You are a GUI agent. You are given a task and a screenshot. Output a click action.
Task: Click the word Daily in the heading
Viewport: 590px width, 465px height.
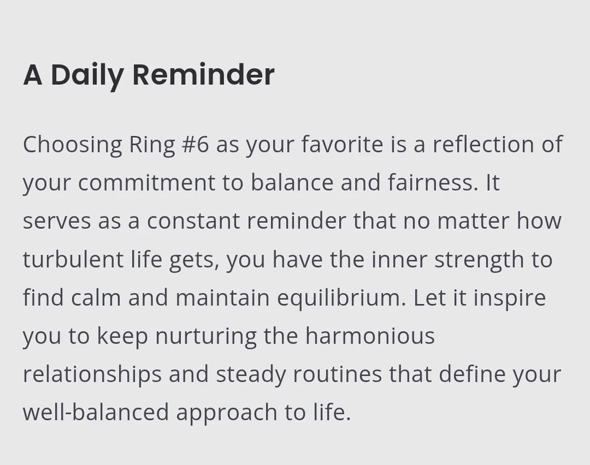coord(87,76)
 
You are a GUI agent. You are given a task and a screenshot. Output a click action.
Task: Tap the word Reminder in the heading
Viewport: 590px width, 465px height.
coord(204,74)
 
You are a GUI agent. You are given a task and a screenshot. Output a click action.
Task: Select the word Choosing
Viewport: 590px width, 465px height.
coord(73,145)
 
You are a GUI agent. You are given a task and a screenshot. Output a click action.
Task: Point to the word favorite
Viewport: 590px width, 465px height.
coord(342,144)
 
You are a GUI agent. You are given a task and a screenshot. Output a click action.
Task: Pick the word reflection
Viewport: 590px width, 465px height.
coord(484,144)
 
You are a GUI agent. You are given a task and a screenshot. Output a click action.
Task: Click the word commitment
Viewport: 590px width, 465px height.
coord(147,183)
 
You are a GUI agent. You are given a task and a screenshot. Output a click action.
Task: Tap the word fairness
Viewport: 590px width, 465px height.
coord(432,182)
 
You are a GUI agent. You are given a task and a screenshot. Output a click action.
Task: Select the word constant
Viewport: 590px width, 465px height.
coord(193,220)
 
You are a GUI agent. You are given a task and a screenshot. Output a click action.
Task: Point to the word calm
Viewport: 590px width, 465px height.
coord(96,298)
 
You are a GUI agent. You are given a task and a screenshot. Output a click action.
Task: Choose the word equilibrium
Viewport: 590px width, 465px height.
coord(342,298)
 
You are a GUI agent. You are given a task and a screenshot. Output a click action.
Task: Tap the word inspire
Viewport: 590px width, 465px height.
coord(510,298)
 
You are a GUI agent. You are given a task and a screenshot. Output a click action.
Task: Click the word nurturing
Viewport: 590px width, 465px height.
coord(206,337)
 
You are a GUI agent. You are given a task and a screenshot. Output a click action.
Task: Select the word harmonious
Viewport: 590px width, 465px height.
coord(370,336)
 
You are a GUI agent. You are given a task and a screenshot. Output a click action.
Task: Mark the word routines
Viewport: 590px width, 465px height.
coord(337,374)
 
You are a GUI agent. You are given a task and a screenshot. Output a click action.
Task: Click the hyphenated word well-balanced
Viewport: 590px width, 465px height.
coord(96,411)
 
